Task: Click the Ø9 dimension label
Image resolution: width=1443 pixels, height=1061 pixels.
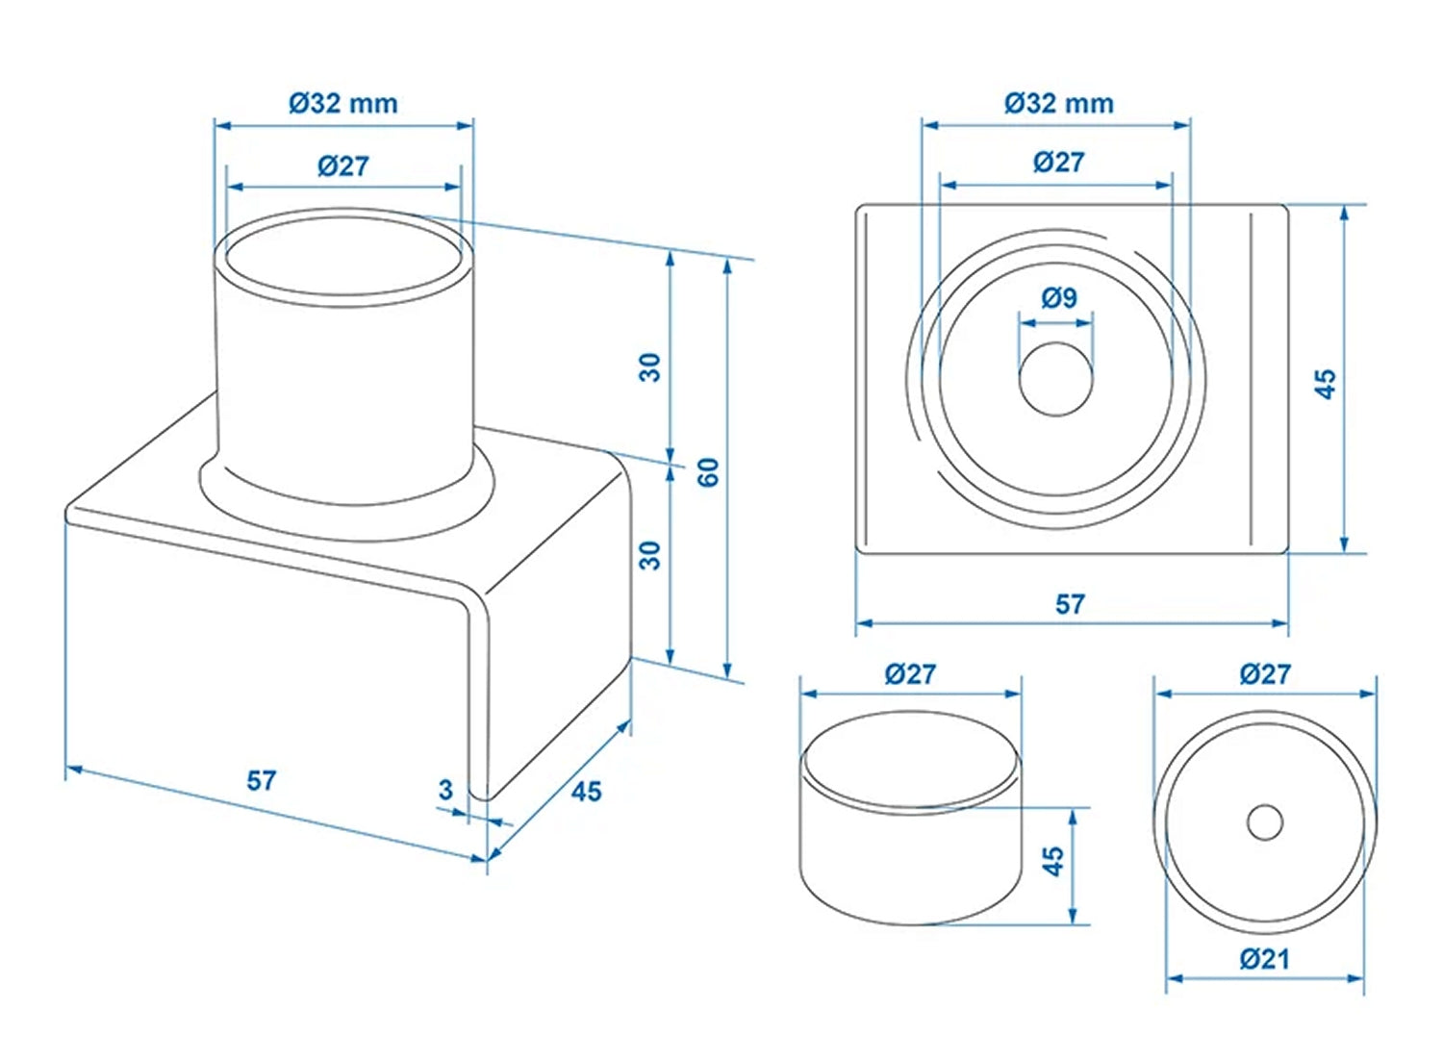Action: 1058,298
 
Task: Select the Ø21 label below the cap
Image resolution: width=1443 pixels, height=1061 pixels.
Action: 1264,958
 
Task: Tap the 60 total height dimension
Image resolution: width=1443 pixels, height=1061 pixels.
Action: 709,471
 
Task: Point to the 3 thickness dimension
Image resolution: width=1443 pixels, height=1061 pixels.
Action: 444,790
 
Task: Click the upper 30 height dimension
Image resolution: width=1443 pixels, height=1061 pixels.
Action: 651,366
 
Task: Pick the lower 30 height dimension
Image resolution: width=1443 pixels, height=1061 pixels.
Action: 651,555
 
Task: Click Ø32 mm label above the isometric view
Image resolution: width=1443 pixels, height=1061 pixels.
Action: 343,103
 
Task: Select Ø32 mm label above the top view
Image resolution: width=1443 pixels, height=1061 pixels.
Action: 1058,103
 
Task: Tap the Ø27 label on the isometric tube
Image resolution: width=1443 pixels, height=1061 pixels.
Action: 343,165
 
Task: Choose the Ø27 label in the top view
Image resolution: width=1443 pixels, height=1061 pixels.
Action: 1058,162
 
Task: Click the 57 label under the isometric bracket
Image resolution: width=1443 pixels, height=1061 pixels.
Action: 262,780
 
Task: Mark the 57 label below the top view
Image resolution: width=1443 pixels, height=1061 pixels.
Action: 1070,604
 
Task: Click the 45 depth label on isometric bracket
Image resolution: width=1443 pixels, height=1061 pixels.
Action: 586,792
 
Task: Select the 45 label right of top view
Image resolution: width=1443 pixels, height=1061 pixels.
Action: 1326,383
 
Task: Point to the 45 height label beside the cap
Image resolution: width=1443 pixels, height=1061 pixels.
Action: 1053,861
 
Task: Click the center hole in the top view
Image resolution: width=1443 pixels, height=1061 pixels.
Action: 1056,379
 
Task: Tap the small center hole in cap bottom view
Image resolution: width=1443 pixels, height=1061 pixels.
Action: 1265,822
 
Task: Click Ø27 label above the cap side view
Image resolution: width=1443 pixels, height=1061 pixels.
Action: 910,673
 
